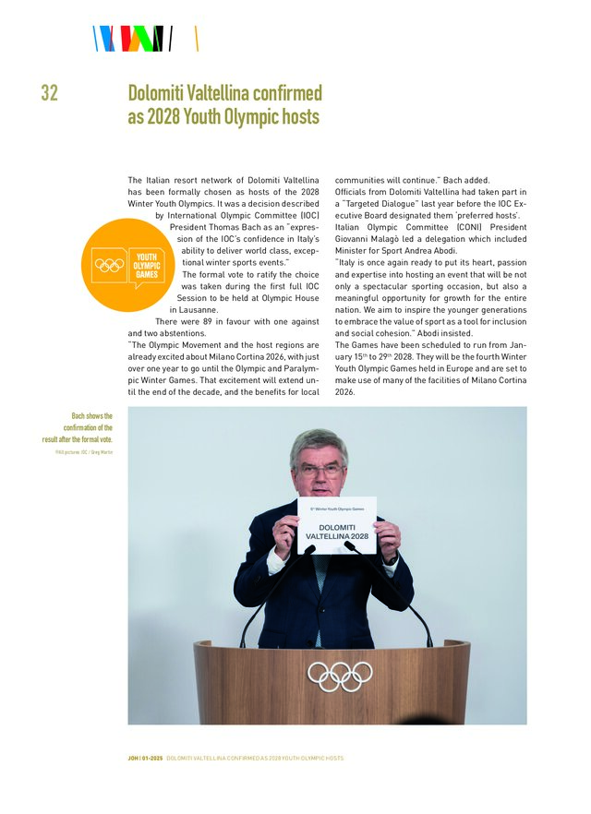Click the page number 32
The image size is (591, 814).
click(x=49, y=93)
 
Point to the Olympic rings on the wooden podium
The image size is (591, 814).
click(x=340, y=676)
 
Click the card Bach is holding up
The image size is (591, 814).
click(x=337, y=525)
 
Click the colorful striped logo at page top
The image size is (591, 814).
click(x=134, y=39)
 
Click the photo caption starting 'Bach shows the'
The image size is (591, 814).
click(x=79, y=427)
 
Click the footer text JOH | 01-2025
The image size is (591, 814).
click(x=145, y=758)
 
